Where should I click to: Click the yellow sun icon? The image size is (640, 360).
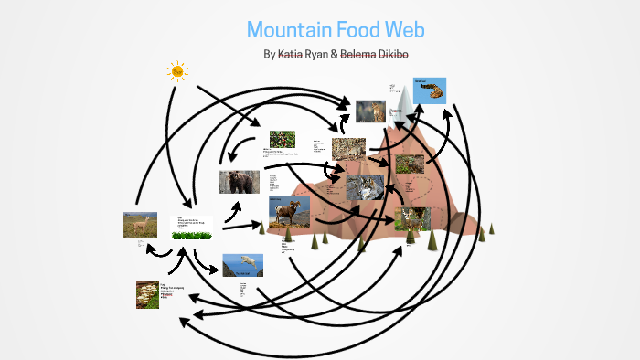coord(176,70)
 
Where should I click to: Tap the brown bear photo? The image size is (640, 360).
coord(239,182)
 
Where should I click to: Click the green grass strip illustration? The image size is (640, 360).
coord(193,235)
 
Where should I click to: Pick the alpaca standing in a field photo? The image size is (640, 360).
coord(140,225)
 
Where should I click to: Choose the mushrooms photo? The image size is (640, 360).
coord(147,293)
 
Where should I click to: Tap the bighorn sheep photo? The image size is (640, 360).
coord(283,212)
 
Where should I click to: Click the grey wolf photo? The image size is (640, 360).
coord(365,187)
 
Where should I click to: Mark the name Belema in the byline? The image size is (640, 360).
coord(359,54)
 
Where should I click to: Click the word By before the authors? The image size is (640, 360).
coord(269,54)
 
